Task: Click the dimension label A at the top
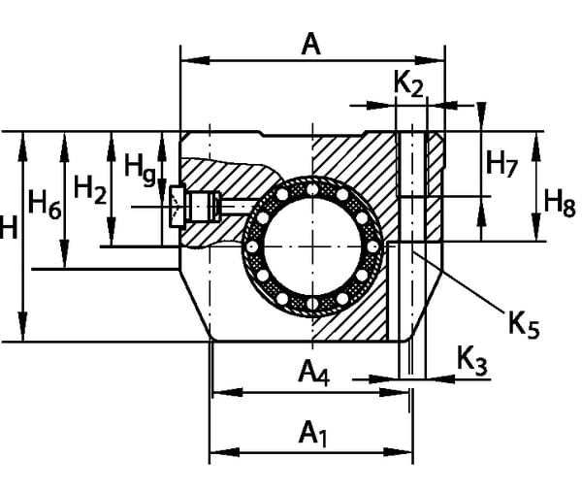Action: (310, 44)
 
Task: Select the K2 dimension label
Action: (408, 85)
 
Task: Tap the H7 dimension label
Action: (501, 163)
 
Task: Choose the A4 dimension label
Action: (313, 372)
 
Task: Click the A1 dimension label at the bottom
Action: (312, 433)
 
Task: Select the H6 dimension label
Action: (45, 203)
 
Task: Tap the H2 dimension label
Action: (90, 190)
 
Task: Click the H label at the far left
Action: (8, 229)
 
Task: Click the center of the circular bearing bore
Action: (312, 246)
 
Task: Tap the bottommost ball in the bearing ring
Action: (312, 308)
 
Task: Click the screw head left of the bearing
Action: (177, 206)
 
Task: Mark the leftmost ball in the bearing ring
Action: (251, 246)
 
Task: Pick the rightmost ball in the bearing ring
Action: (373, 246)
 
